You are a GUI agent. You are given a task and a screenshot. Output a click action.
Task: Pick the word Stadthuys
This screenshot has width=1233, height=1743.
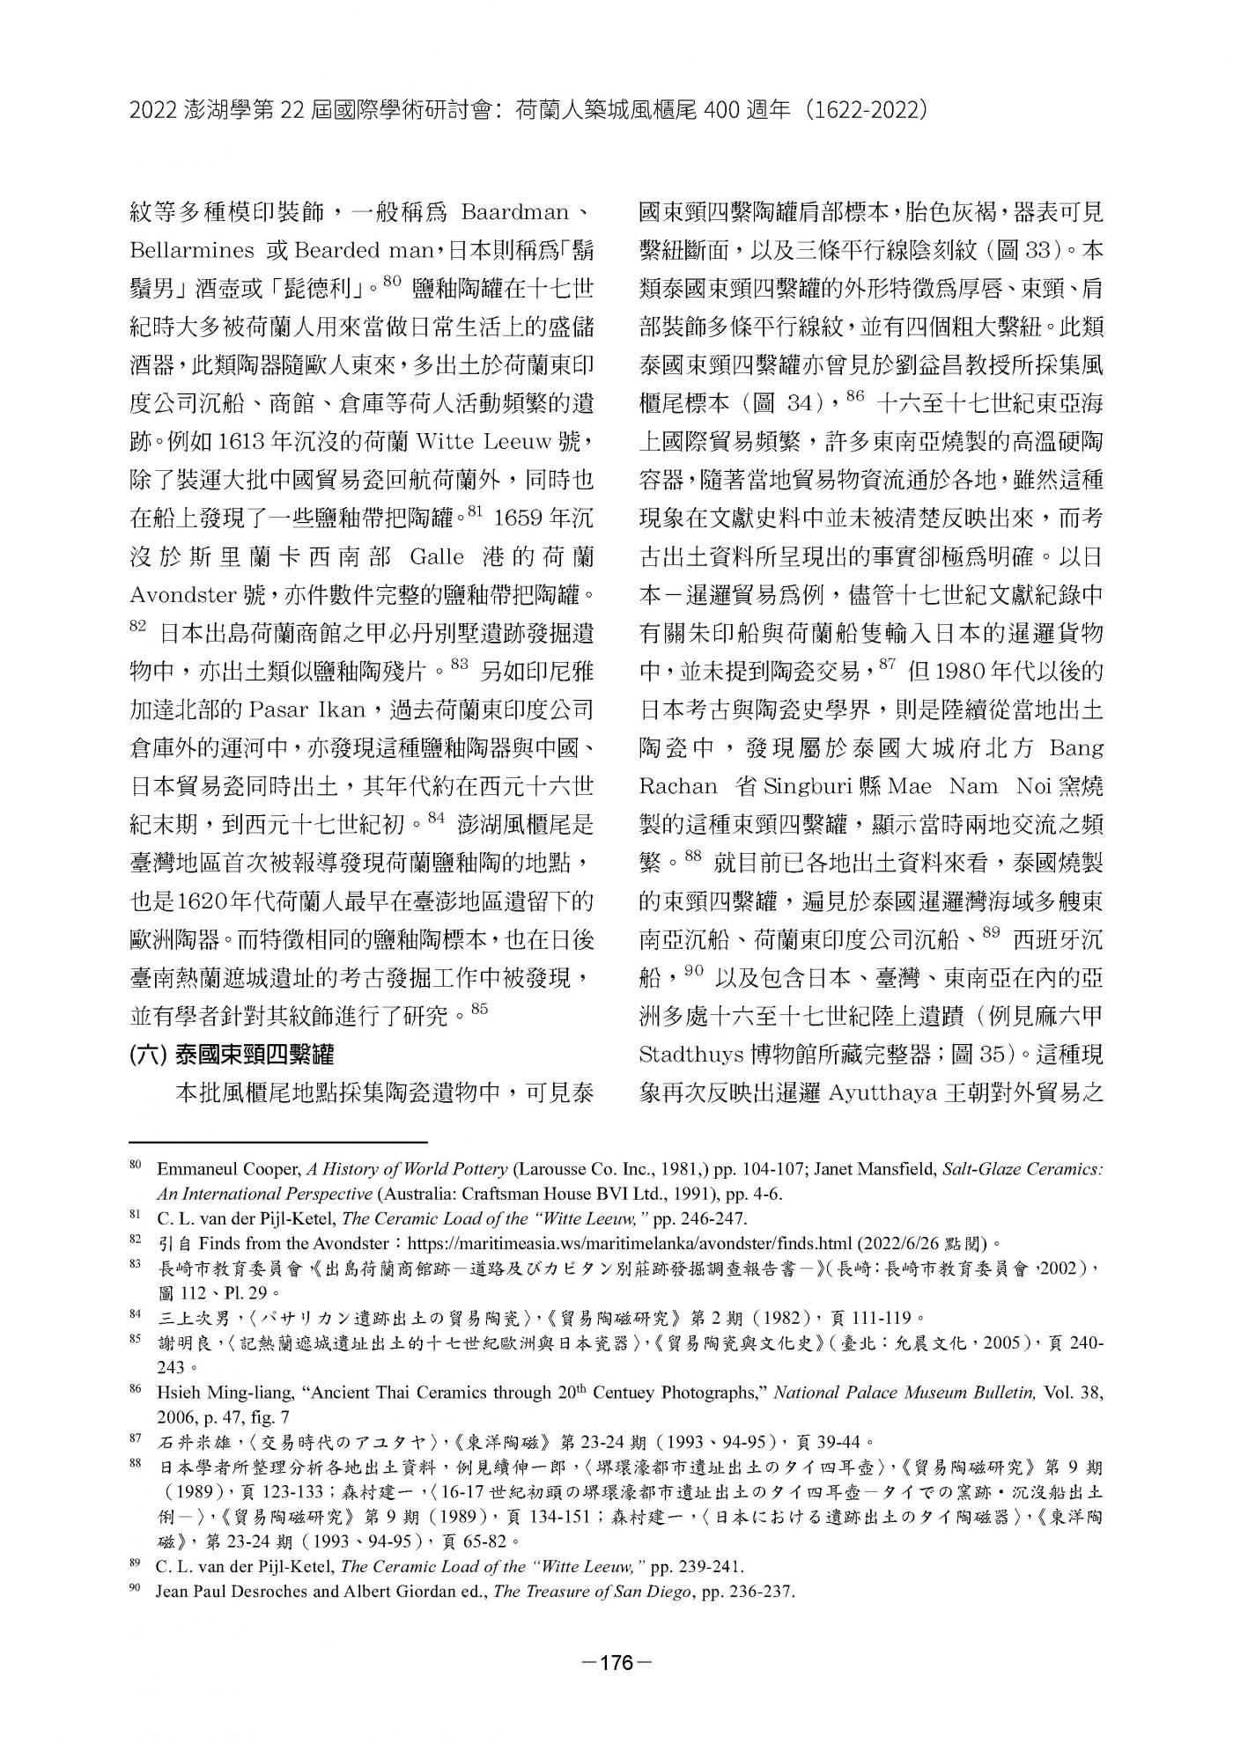tap(690, 1053)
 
